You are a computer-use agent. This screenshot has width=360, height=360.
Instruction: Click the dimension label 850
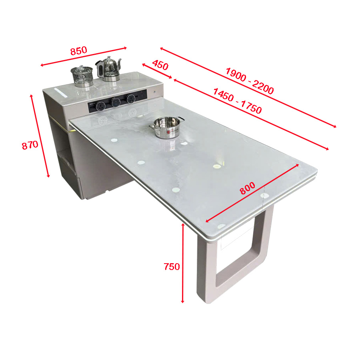pyautogui.click(x=78, y=51)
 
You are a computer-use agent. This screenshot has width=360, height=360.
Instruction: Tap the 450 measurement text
pyautogui.click(x=160, y=65)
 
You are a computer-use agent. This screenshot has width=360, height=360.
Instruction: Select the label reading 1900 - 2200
pyautogui.click(x=250, y=81)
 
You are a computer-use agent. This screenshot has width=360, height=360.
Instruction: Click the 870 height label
pyautogui.click(x=30, y=145)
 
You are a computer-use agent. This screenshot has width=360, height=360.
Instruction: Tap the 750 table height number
pyautogui.click(x=172, y=267)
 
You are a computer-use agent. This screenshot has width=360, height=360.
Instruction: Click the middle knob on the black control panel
pyautogui.click(x=116, y=101)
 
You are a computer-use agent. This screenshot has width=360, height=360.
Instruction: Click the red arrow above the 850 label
pyautogui.click(x=84, y=56)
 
